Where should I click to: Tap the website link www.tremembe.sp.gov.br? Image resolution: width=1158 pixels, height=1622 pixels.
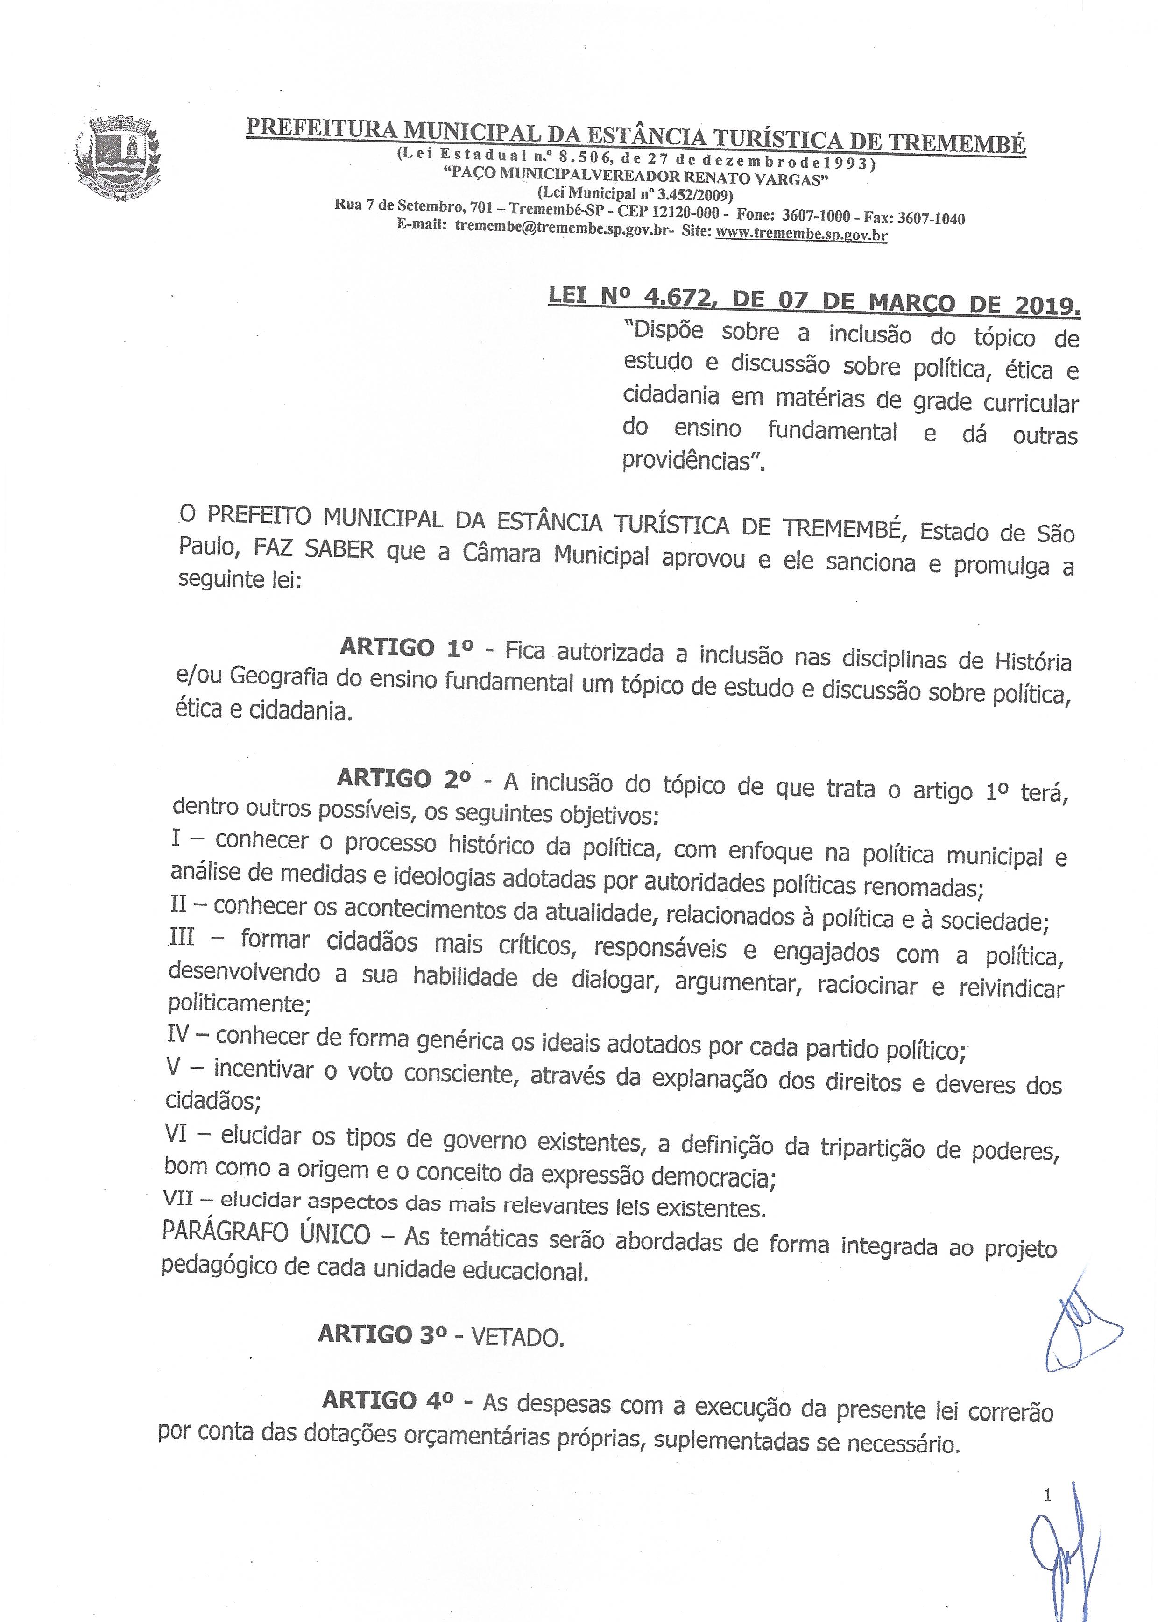point(801,233)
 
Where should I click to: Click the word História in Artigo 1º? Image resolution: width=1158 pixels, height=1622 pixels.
point(1032,661)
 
